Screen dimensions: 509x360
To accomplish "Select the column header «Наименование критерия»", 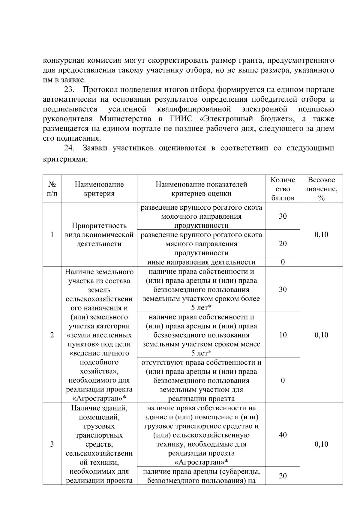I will (99, 189).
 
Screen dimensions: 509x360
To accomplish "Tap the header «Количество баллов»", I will (283, 189).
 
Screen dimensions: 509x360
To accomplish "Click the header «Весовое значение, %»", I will (321, 189).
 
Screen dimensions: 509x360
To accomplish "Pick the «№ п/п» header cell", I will (52, 189).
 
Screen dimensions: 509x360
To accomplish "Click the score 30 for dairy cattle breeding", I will (283, 216).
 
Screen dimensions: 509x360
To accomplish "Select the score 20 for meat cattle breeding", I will (283, 244).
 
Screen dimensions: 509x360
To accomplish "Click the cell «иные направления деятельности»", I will (201, 262).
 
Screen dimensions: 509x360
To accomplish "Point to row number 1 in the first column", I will (52, 235).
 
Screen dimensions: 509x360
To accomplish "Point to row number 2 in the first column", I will (52, 335).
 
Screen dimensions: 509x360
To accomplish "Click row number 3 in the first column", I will (52, 444).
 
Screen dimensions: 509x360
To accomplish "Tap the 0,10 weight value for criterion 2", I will (321, 335).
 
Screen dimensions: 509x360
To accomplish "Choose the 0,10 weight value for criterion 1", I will (321, 235).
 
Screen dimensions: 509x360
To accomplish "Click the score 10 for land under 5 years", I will (283, 335).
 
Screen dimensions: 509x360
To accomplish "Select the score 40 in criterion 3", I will (283, 435).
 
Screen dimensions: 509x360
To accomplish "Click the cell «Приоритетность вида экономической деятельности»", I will (99, 235).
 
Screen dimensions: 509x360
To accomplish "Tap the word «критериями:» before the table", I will (65, 160).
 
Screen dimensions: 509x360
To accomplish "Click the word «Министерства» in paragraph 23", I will (125, 119).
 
